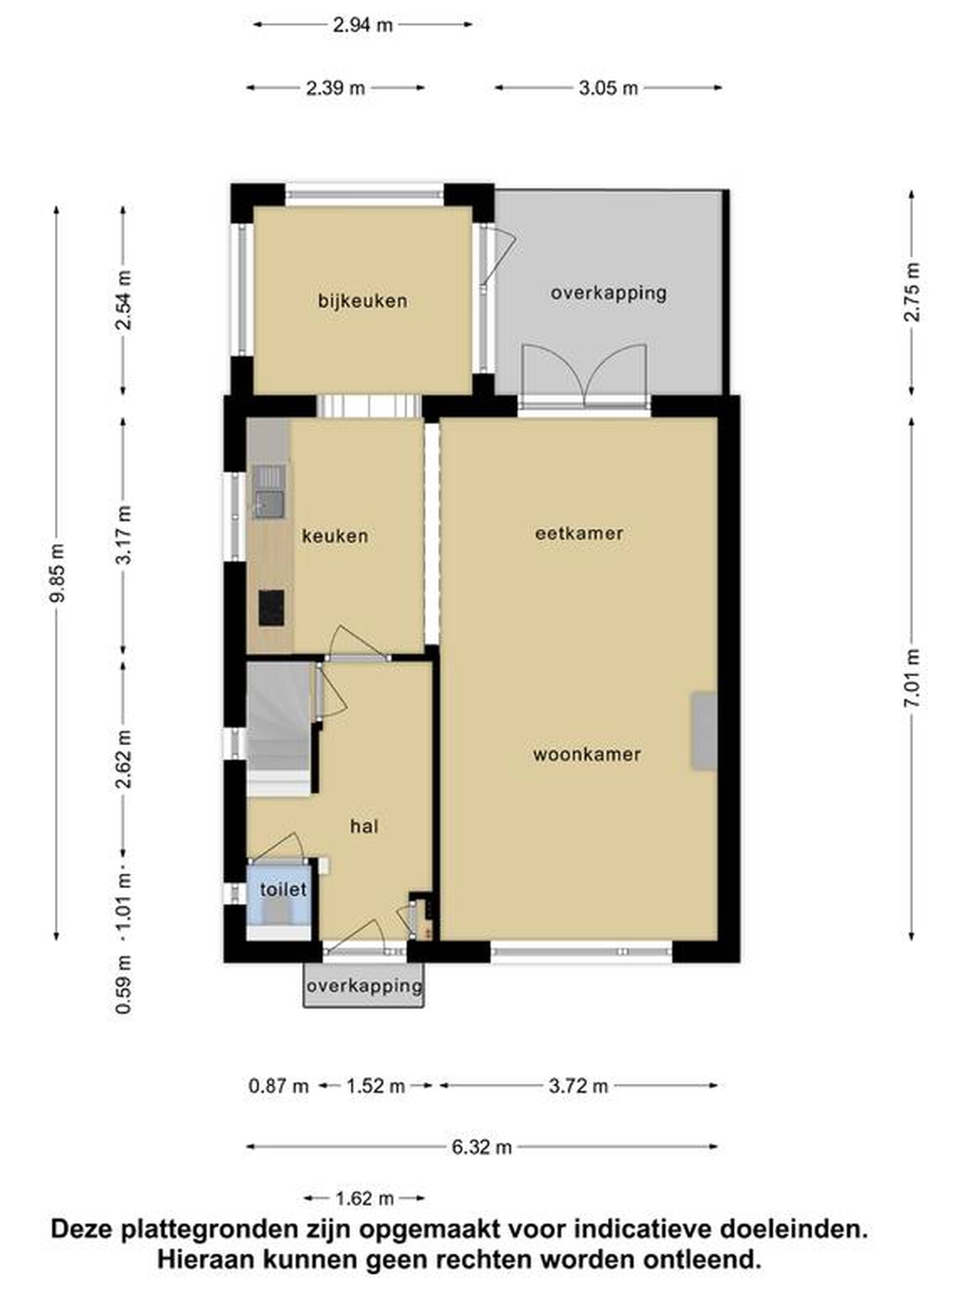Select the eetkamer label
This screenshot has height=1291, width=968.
click(579, 533)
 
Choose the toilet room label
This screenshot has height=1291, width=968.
click(283, 890)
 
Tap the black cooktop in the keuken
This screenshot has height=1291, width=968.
click(271, 608)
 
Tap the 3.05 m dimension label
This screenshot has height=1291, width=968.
click(608, 88)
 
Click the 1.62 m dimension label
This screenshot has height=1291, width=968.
click(364, 1199)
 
